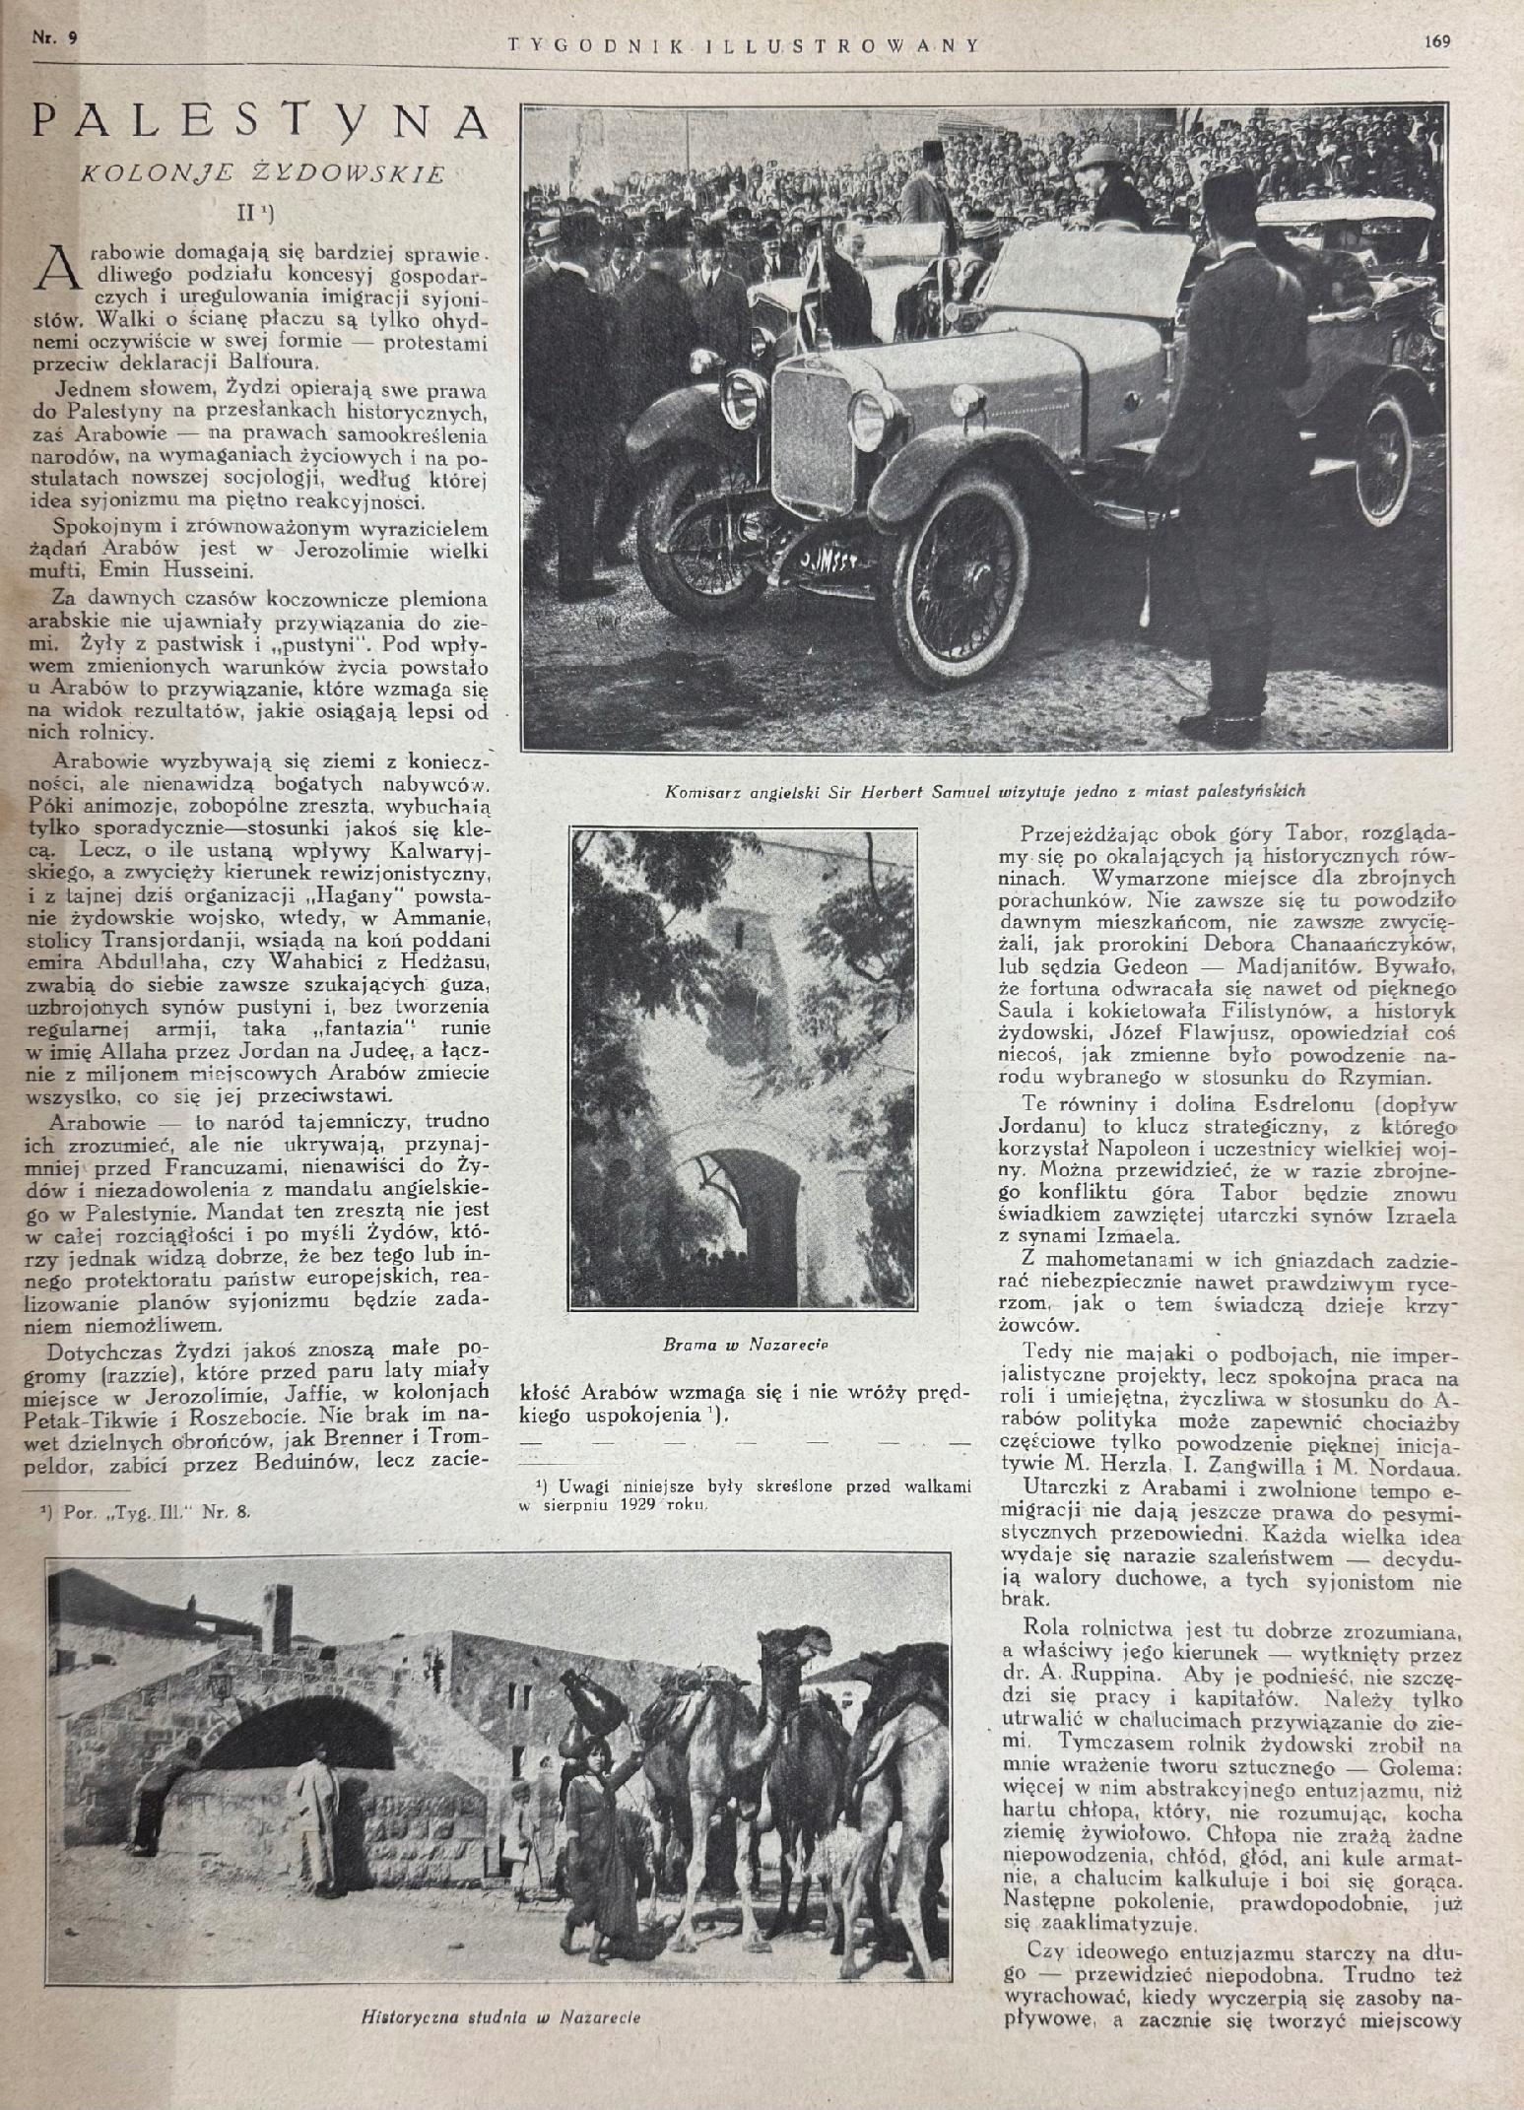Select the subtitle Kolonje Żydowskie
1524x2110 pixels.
coord(260,173)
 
